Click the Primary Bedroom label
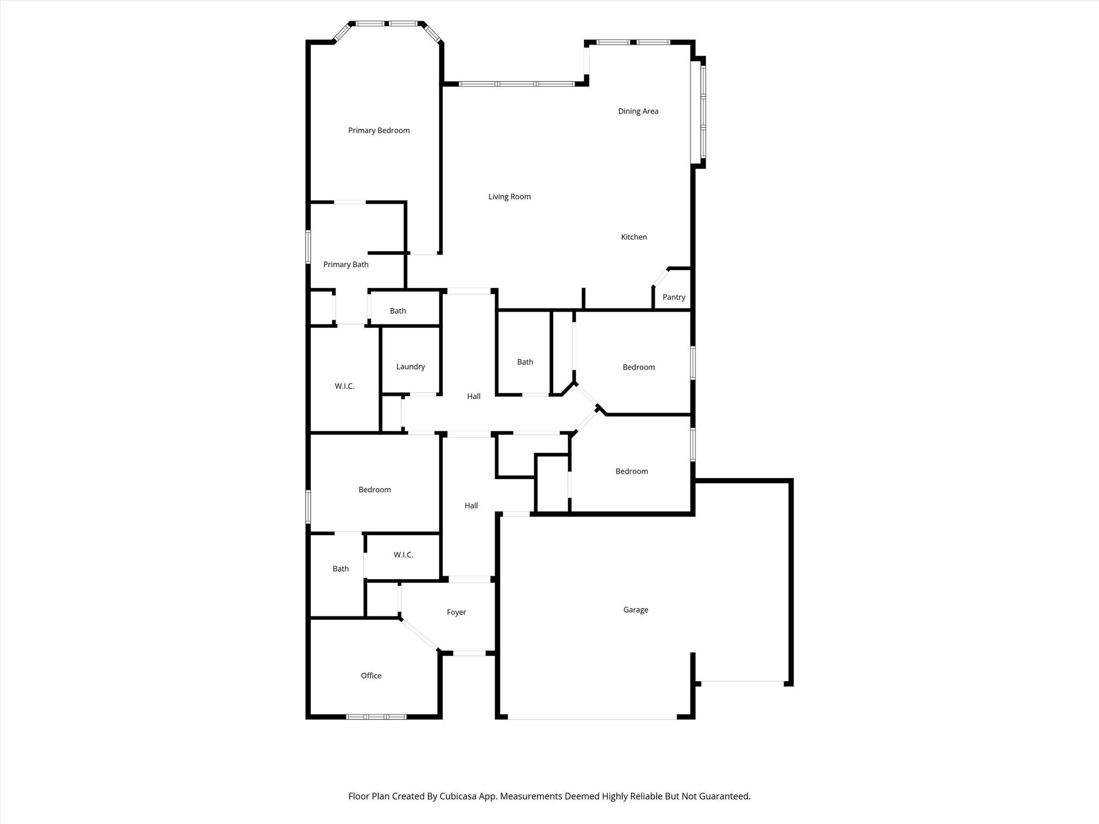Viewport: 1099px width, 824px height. point(379,130)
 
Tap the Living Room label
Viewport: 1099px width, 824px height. point(509,197)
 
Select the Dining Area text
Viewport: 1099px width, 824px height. point(638,112)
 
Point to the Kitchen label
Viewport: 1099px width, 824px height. point(634,237)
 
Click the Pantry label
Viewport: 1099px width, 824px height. point(674,297)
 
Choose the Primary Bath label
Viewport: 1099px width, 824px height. point(346,264)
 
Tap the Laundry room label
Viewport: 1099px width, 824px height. point(411,367)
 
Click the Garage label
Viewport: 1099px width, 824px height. point(636,610)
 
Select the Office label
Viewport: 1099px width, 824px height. point(371,675)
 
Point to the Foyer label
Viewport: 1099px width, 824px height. point(457,613)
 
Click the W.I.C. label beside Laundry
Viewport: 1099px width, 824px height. point(345,386)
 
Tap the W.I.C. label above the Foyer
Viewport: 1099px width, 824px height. point(404,555)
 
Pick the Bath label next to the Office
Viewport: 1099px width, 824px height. point(341,569)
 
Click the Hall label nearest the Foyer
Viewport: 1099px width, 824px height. point(471,505)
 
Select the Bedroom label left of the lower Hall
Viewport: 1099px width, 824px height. point(375,490)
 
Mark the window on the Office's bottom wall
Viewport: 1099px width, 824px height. point(376,717)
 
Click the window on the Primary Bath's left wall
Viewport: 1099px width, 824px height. point(308,247)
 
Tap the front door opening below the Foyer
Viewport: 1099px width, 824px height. point(470,653)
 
